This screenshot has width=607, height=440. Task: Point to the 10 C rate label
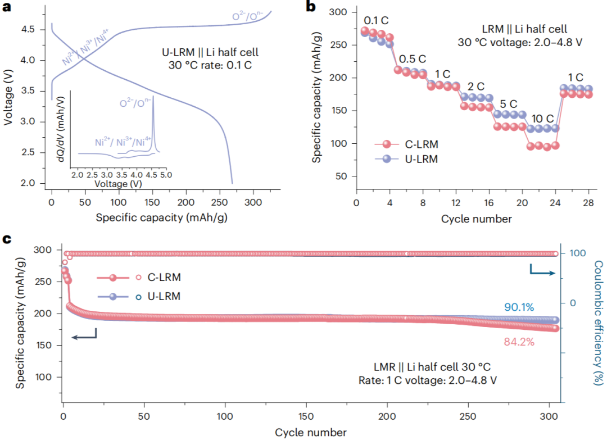(x=543, y=119)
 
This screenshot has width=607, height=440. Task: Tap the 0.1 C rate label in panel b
(x=376, y=20)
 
